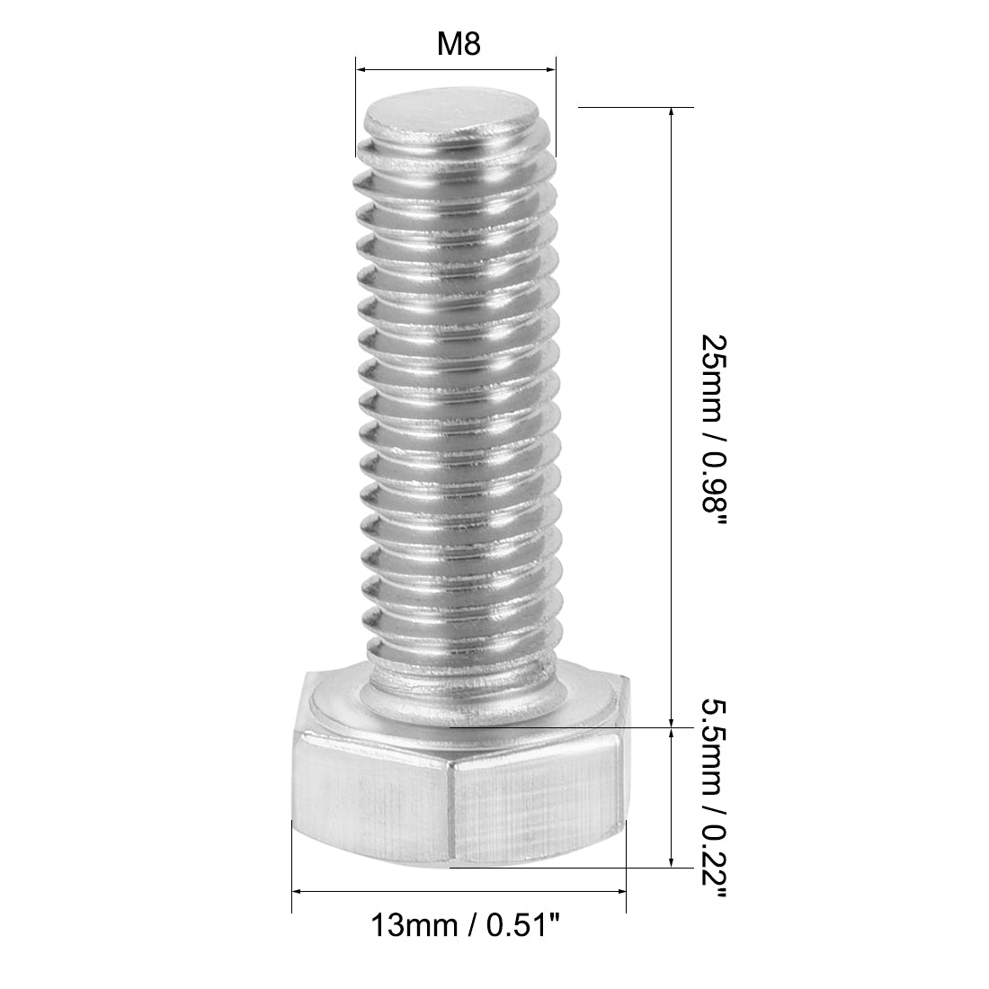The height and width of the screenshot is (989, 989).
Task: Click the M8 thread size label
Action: pyautogui.click(x=457, y=45)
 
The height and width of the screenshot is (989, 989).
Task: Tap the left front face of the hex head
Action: pyautogui.click(x=370, y=798)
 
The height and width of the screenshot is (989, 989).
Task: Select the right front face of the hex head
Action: pyautogui.click(x=537, y=798)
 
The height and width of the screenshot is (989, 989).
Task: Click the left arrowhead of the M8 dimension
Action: pyautogui.click(x=361, y=68)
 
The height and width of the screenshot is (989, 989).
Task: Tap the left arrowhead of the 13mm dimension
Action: pyautogui.click(x=298, y=891)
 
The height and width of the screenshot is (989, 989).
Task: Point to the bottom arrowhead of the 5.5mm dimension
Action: pyautogui.click(x=672, y=862)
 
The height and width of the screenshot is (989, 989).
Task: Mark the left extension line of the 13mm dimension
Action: pyautogui.click(x=291, y=872)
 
